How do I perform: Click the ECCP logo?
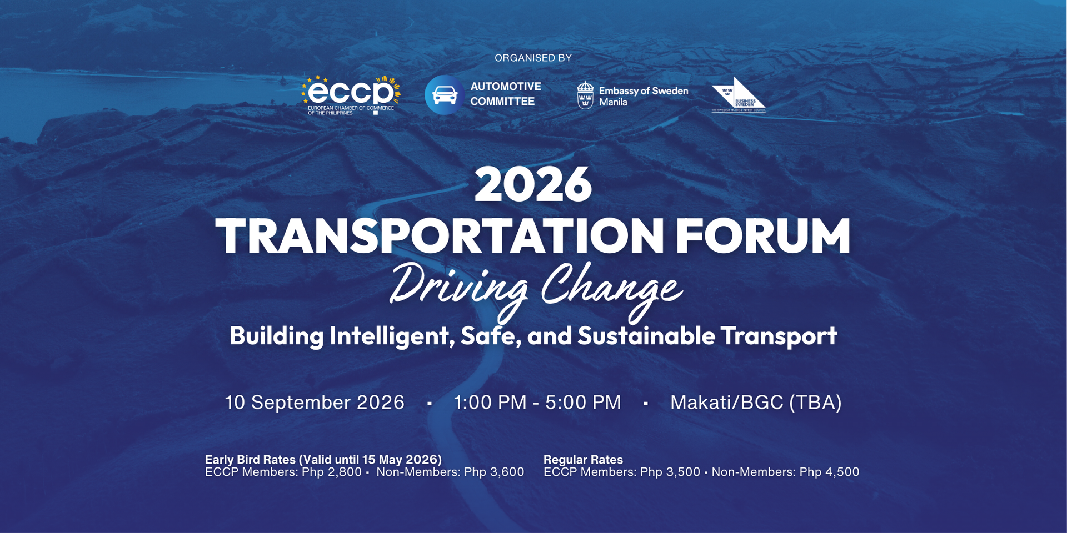(x=351, y=95)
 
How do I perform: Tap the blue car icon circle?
(x=444, y=95)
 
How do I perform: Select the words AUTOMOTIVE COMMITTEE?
(x=505, y=94)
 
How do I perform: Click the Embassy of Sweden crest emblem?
(x=585, y=95)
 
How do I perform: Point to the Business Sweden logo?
(x=739, y=95)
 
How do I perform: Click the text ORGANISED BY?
(x=533, y=58)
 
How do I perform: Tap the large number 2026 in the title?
(x=533, y=185)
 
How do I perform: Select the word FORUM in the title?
(x=762, y=236)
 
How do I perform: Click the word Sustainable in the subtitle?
(x=646, y=336)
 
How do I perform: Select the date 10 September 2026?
(x=315, y=402)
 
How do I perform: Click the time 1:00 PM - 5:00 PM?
(x=537, y=402)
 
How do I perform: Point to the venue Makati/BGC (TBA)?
(x=756, y=402)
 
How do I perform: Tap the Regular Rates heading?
(x=583, y=460)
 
